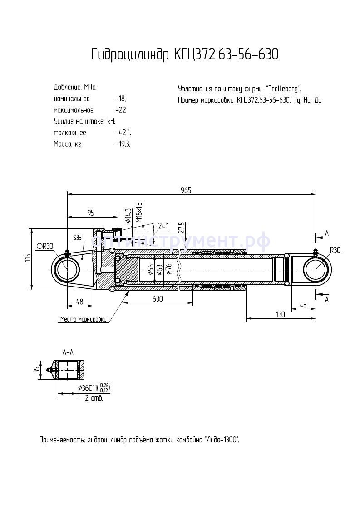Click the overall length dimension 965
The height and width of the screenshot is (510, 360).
[186, 190]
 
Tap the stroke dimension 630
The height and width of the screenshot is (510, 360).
[158, 299]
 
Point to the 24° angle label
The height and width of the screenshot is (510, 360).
[163, 225]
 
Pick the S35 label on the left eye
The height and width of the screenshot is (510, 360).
[77, 238]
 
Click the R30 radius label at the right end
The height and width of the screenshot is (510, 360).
[335, 249]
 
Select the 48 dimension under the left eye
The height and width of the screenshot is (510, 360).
[79, 302]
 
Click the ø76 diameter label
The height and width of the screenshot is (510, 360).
[168, 269]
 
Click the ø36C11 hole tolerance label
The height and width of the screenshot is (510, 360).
[94, 388]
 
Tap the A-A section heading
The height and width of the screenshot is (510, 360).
[68, 352]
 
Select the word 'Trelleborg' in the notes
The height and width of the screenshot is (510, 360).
[283, 89]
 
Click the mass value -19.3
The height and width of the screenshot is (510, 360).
[123, 144]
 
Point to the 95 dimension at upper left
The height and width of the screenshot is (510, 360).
[91, 213]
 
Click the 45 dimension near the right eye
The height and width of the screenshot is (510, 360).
[303, 304]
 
